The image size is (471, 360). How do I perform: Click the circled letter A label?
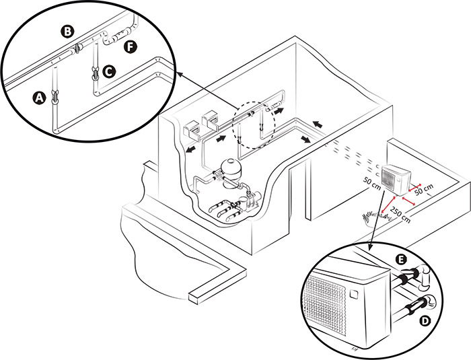pyautogui.click(x=40, y=98)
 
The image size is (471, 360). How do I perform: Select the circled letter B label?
pyautogui.click(x=67, y=31)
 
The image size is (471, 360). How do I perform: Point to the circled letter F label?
pyautogui.click(x=130, y=46)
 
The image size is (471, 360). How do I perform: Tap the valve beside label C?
pyautogui.click(x=94, y=71)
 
